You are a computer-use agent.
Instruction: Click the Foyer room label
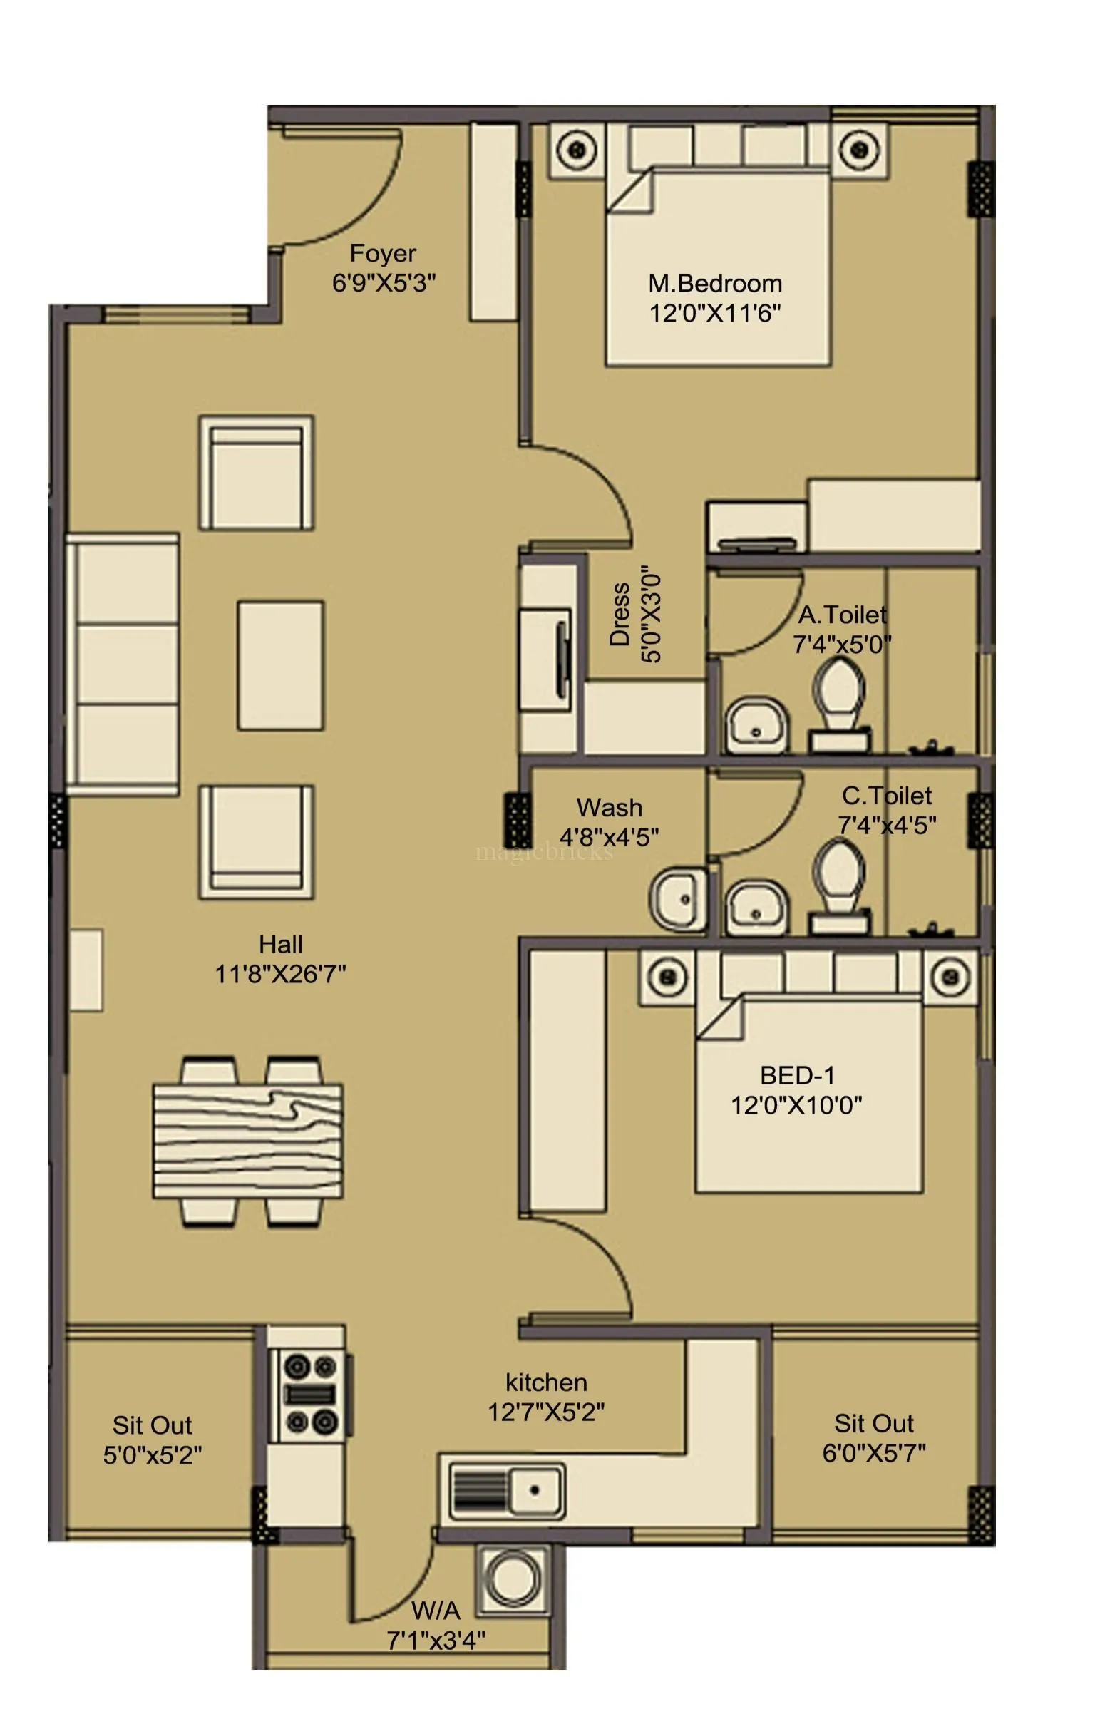pyautogui.click(x=383, y=253)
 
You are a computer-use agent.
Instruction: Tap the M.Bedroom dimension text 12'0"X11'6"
pyautogui.click(x=714, y=313)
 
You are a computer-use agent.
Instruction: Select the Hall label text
pyautogui.click(x=280, y=944)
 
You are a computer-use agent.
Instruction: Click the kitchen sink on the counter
pyautogui.click(x=507, y=1490)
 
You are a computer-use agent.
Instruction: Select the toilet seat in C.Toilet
pyautogui.click(x=838, y=874)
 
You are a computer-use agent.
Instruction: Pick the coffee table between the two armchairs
pyautogui.click(x=280, y=665)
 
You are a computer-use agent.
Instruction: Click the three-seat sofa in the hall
pyautogui.click(x=123, y=664)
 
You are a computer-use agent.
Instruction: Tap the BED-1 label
pyautogui.click(x=796, y=1075)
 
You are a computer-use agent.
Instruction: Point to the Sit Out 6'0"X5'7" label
pyautogui.click(x=874, y=1437)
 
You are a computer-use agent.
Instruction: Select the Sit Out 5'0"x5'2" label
pyautogui.click(x=152, y=1440)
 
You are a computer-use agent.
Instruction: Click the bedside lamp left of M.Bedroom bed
pyautogui.click(x=577, y=150)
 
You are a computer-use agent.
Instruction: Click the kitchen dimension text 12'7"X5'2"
pyautogui.click(x=546, y=1411)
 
